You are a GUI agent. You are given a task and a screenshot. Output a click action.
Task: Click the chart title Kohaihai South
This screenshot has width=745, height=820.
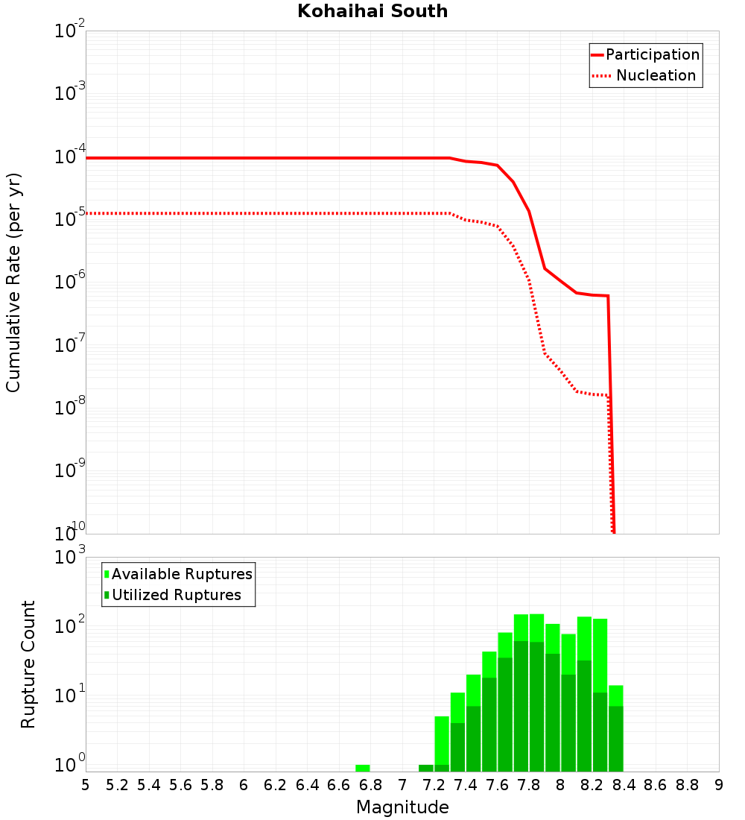pyautogui.click(x=372, y=11)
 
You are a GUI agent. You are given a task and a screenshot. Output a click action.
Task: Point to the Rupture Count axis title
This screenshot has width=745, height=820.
pyautogui.click(x=28, y=664)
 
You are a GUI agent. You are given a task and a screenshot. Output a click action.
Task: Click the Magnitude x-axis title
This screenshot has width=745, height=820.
pyautogui.click(x=402, y=807)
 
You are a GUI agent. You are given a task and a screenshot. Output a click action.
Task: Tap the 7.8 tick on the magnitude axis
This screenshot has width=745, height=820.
pyautogui.click(x=529, y=785)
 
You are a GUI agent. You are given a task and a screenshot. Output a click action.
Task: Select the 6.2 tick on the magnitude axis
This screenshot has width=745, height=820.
pyautogui.click(x=276, y=785)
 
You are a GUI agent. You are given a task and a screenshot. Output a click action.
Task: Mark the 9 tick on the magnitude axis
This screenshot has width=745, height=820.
pyautogui.click(x=719, y=785)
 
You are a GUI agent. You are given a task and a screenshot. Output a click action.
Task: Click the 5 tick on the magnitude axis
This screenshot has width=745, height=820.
pyautogui.click(x=86, y=785)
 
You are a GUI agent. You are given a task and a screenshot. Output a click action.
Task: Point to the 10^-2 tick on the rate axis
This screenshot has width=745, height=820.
pyautogui.click(x=70, y=32)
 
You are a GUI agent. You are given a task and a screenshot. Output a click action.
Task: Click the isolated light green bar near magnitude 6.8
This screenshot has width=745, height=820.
pyautogui.click(x=363, y=768)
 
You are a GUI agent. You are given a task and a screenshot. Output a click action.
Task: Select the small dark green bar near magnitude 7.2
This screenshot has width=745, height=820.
pyautogui.click(x=426, y=768)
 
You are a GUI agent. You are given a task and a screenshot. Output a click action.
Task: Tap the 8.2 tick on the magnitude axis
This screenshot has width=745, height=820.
pyautogui.click(x=592, y=785)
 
